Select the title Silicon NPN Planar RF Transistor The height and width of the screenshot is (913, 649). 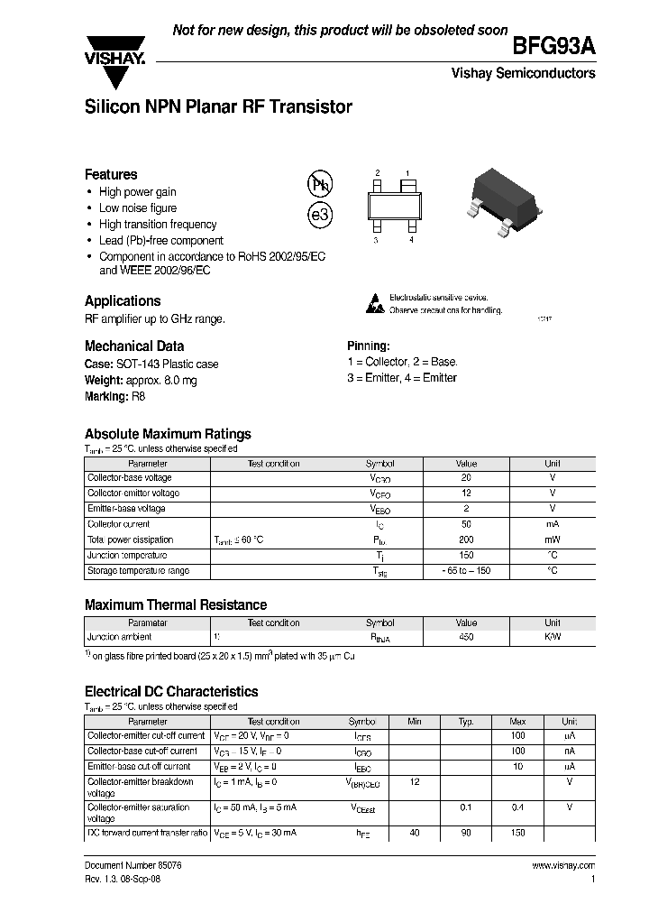pyautogui.click(x=217, y=107)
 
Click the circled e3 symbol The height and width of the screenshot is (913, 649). pyautogui.click(x=320, y=217)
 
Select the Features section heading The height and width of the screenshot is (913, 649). pyautogui.click(x=111, y=174)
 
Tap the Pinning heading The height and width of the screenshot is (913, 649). pyautogui.click(x=368, y=346)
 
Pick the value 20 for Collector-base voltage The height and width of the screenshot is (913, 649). pyautogui.click(x=466, y=478)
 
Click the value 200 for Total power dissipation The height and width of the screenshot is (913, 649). pyautogui.click(x=466, y=539)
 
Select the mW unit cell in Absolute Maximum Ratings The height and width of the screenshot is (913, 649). pyautogui.click(x=552, y=539)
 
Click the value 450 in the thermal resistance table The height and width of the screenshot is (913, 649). pyautogui.click(x=466, y=638)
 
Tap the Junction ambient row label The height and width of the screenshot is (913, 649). pyautogui.click(x=120, y=638)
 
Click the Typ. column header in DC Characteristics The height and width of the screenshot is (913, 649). pyautogui.click(x=466, y=722)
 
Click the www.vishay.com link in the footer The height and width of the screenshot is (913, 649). pyautogui.click(x=563, y=865)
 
